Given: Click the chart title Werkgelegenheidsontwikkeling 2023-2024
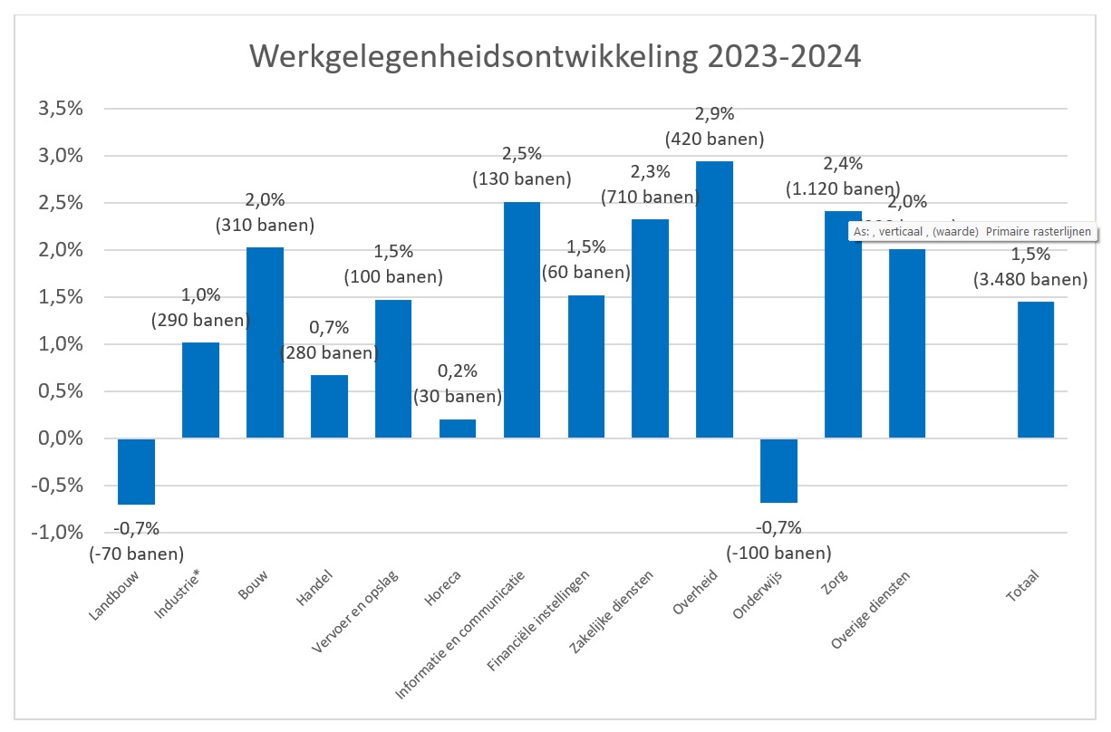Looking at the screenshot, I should [555, 56].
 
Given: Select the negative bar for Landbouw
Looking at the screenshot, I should [136, 471].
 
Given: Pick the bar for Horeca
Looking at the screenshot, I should [457, 429].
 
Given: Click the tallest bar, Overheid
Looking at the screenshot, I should [714, 299].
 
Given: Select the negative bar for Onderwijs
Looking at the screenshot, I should [778, 470].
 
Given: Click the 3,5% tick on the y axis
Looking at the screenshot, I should [59, 109].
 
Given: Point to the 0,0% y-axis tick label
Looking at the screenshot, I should [59, 438].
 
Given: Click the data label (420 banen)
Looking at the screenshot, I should [714, 140].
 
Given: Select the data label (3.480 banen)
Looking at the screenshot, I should [1030, 280].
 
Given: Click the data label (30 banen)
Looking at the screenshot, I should [457, 396].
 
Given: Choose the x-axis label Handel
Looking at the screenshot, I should [314, 588].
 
